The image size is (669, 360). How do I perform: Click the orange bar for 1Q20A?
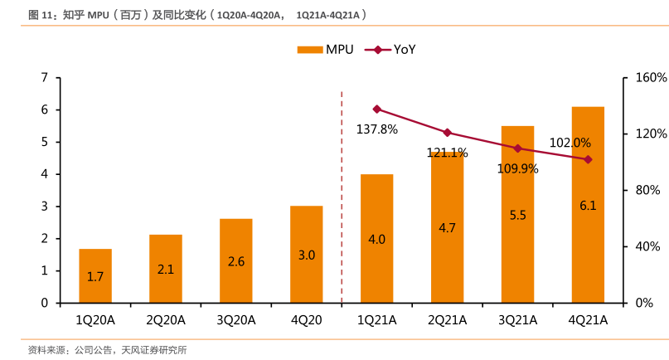click(95, 275)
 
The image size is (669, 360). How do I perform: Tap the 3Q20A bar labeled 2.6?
click(236, 260)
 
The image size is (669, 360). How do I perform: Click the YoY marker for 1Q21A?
click(377, 109)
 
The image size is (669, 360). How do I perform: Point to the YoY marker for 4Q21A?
click(588, 159)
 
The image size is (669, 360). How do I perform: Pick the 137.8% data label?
click(377, 129)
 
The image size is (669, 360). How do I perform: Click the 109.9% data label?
click(518, 168)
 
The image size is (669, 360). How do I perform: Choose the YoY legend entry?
click(394, 50)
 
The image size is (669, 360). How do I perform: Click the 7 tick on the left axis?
click(44, 77)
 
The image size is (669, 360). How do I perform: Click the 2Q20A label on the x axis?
click(166, 320)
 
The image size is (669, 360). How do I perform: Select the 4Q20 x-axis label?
click(307, 320)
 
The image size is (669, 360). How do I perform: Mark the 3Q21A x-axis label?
click(518, 320)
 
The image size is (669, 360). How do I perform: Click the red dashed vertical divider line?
click(342, 199)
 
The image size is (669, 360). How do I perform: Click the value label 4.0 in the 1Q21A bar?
click(377, 239)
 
